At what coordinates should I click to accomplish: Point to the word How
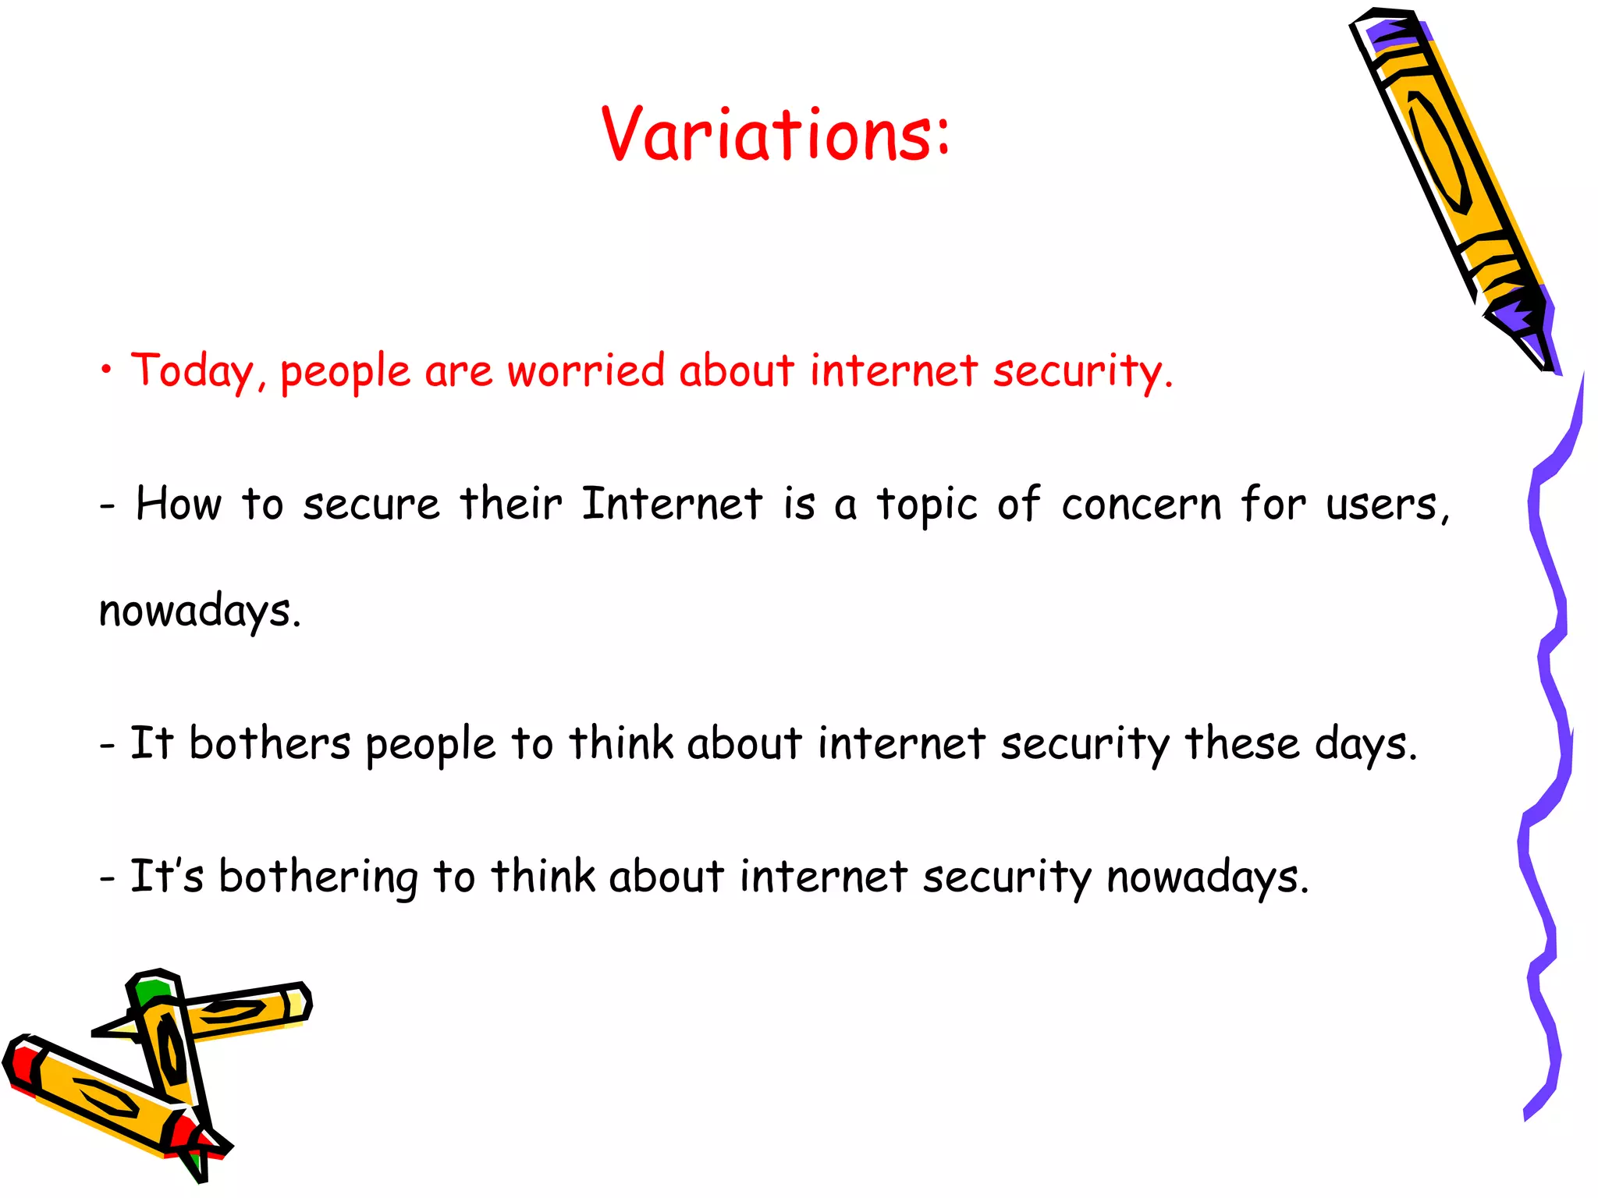(x=179, y=504)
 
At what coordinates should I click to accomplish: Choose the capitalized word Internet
(x=672, y=504)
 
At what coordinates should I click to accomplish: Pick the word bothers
(x=269, y=743)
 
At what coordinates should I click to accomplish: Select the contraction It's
(x=166, y=876)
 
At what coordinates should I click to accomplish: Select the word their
(x=510, y=504)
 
